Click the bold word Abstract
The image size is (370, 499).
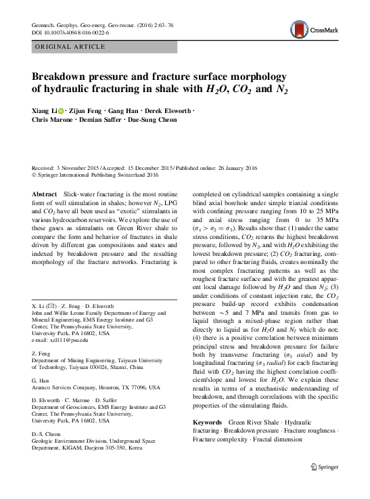(x=45, y=194)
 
